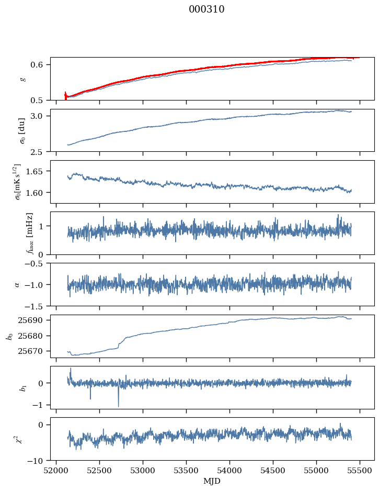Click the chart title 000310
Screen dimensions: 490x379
tap(206, 9)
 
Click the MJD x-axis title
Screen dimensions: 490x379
tap(212, 481)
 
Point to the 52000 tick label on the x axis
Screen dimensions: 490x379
tap(56, 470)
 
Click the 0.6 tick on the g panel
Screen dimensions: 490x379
tap(40, 65)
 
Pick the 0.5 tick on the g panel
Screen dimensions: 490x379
tap(40, 100)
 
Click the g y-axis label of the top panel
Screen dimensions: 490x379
tap(22, 79)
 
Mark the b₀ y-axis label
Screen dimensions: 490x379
tap(9, 336)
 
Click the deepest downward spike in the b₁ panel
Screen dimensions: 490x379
tap(118, 406)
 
